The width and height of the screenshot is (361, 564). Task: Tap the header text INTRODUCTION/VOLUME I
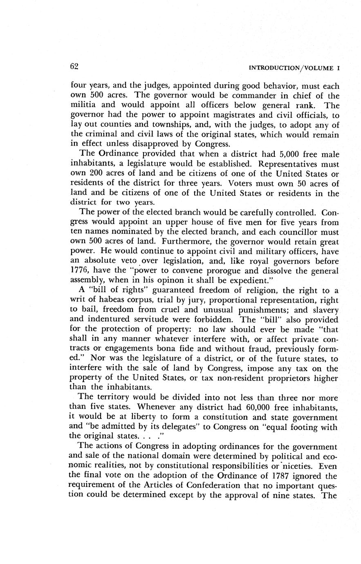point(294,68)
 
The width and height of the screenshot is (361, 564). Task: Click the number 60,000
point(251,407)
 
